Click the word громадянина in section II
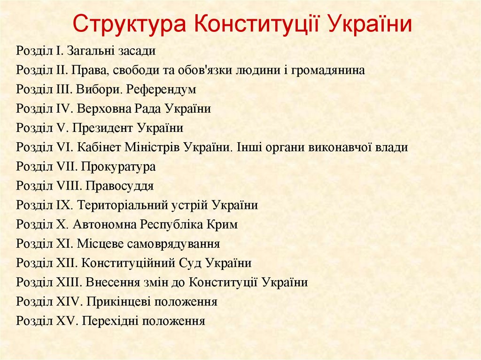coord(328,70)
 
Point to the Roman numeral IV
coord(62,109)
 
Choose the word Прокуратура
coord(118,167)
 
